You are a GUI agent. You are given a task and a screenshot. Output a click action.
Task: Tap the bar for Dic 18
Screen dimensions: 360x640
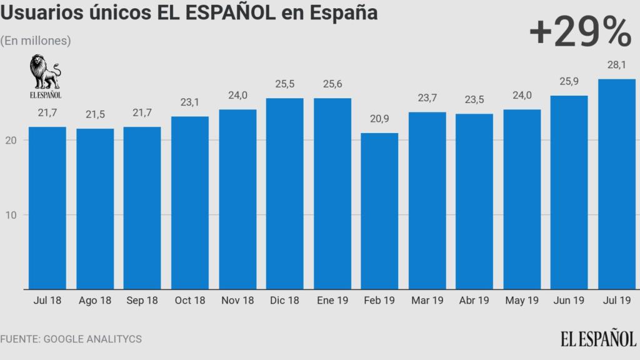tap(284, 194)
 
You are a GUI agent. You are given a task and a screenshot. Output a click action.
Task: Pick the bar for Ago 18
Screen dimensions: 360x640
tap(95, 209)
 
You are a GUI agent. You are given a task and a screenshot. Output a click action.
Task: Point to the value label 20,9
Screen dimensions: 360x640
tap(379, 120)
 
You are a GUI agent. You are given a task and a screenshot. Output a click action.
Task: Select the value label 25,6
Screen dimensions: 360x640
tap(332, 85)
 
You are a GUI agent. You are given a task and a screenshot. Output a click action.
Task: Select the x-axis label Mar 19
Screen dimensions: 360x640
tap(427, 301)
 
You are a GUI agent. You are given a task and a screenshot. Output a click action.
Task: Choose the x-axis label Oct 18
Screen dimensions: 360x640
tap(189, 301)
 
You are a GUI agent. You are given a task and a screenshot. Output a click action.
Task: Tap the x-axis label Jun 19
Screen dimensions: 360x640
tap(569, 301)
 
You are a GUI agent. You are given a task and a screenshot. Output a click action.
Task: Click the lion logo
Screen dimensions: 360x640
tap(46, 72)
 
